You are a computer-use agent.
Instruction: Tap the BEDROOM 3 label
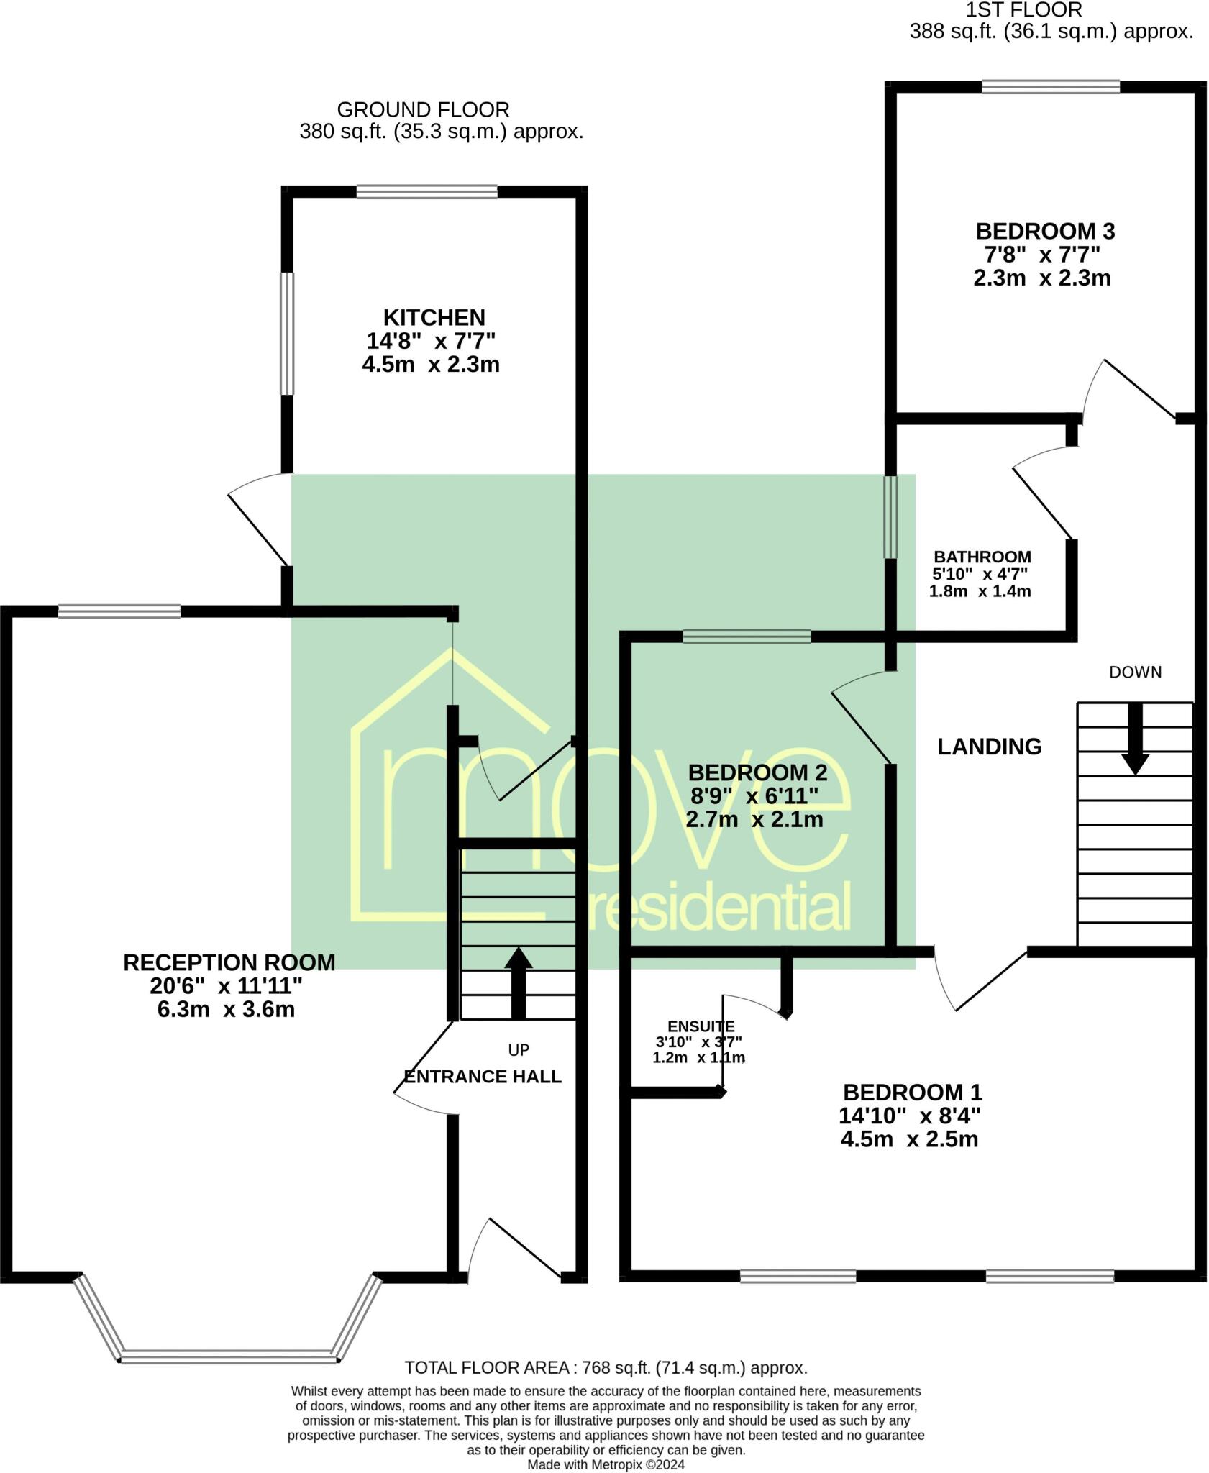1044,232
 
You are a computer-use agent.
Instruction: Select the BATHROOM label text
982,557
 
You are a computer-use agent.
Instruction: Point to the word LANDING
989,747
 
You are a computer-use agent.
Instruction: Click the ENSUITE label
701,1026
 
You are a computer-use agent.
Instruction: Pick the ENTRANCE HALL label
482,1077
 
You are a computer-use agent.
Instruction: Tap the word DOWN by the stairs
1135,672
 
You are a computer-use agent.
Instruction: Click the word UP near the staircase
518,1050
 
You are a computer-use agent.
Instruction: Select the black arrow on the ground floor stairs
518,982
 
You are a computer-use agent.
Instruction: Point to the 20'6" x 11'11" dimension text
229,985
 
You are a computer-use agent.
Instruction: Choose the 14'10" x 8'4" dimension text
909,1116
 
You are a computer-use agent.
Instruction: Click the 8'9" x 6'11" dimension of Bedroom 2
754,796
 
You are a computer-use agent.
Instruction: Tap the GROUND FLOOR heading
423,110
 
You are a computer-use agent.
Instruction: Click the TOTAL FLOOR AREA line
606,1367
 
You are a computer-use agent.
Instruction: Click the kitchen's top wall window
426,192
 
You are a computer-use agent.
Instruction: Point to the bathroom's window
890,516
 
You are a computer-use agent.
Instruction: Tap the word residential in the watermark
719,908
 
